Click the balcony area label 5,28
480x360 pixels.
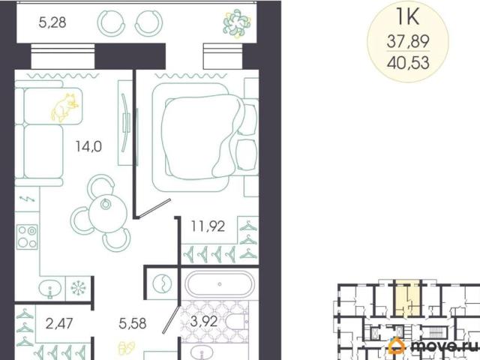[52, 22]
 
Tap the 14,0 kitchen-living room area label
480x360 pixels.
[88, 147]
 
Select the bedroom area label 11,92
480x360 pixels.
[208, 226]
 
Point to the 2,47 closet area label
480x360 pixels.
[59, 323]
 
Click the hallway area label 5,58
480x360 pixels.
[133, 323]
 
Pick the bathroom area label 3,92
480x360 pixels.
[204, 322]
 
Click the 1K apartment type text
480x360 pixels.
[407, 16]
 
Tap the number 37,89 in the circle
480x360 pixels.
[408, 41]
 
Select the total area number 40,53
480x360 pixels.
[408, 63]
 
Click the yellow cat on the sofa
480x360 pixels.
[64, 108]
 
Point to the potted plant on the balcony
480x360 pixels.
[237, 23]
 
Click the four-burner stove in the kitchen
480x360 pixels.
[27, 237]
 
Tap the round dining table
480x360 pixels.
[108, 213]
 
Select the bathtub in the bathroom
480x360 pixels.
[220, 284]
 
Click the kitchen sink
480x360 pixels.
[50, 289]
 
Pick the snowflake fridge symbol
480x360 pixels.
[79, 288]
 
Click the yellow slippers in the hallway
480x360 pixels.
[127, 348]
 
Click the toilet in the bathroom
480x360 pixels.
[237, 322]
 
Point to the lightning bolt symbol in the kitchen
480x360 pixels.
[27, 199]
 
